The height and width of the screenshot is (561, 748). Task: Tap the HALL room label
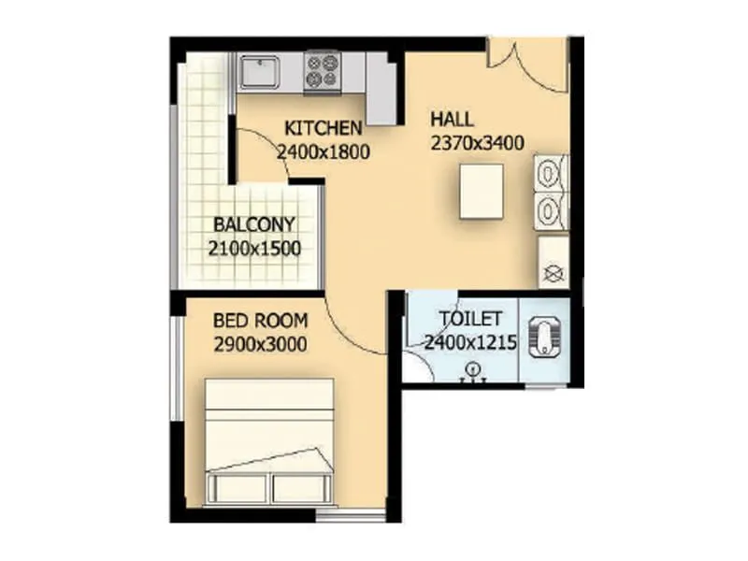click(452, 120)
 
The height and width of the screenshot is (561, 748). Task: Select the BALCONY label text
click(254, 225)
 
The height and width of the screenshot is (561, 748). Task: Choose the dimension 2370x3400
click(476, 142)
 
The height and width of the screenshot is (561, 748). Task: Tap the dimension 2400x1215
click(470, 342)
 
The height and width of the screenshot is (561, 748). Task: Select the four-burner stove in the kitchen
click(322, 71)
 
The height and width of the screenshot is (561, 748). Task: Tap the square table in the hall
click(481, 192)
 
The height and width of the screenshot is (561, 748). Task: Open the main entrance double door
click(527, 64)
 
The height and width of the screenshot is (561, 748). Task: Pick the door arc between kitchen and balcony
click(258, 150)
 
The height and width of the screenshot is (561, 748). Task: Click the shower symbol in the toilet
click(473, 370)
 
